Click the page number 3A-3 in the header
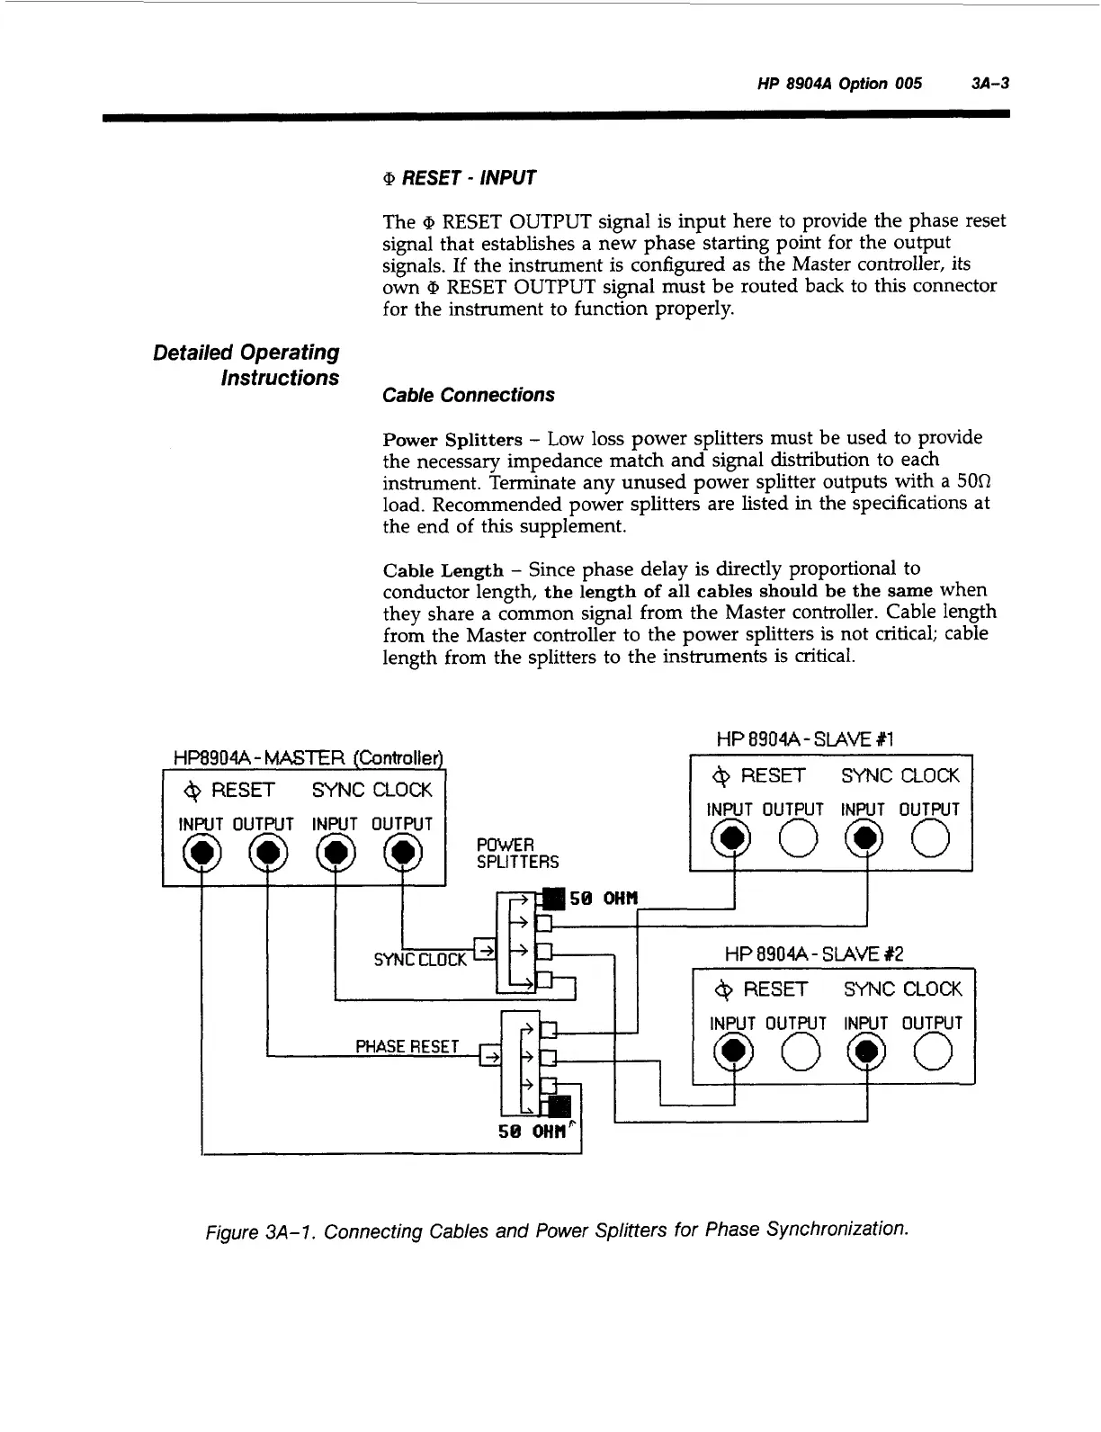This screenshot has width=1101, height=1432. [989, 84]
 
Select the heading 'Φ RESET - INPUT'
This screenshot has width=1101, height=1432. [459, 178]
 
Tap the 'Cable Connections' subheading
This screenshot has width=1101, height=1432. [468, 395]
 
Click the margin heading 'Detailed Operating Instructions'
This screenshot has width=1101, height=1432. [246, 365]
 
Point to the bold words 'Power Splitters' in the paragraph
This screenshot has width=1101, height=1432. [452, 440]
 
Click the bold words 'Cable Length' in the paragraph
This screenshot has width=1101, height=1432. [443, 571]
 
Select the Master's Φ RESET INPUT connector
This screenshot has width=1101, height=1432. [201, 852]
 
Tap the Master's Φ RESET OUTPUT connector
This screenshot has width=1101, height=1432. [267, 852]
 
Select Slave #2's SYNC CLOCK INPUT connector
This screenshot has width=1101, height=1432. [866, 1052]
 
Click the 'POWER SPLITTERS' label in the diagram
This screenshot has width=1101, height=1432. [517, 854]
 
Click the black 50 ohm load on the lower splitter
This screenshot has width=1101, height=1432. [559, 1107]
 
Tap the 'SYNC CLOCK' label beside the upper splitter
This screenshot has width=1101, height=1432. [420, 960]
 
